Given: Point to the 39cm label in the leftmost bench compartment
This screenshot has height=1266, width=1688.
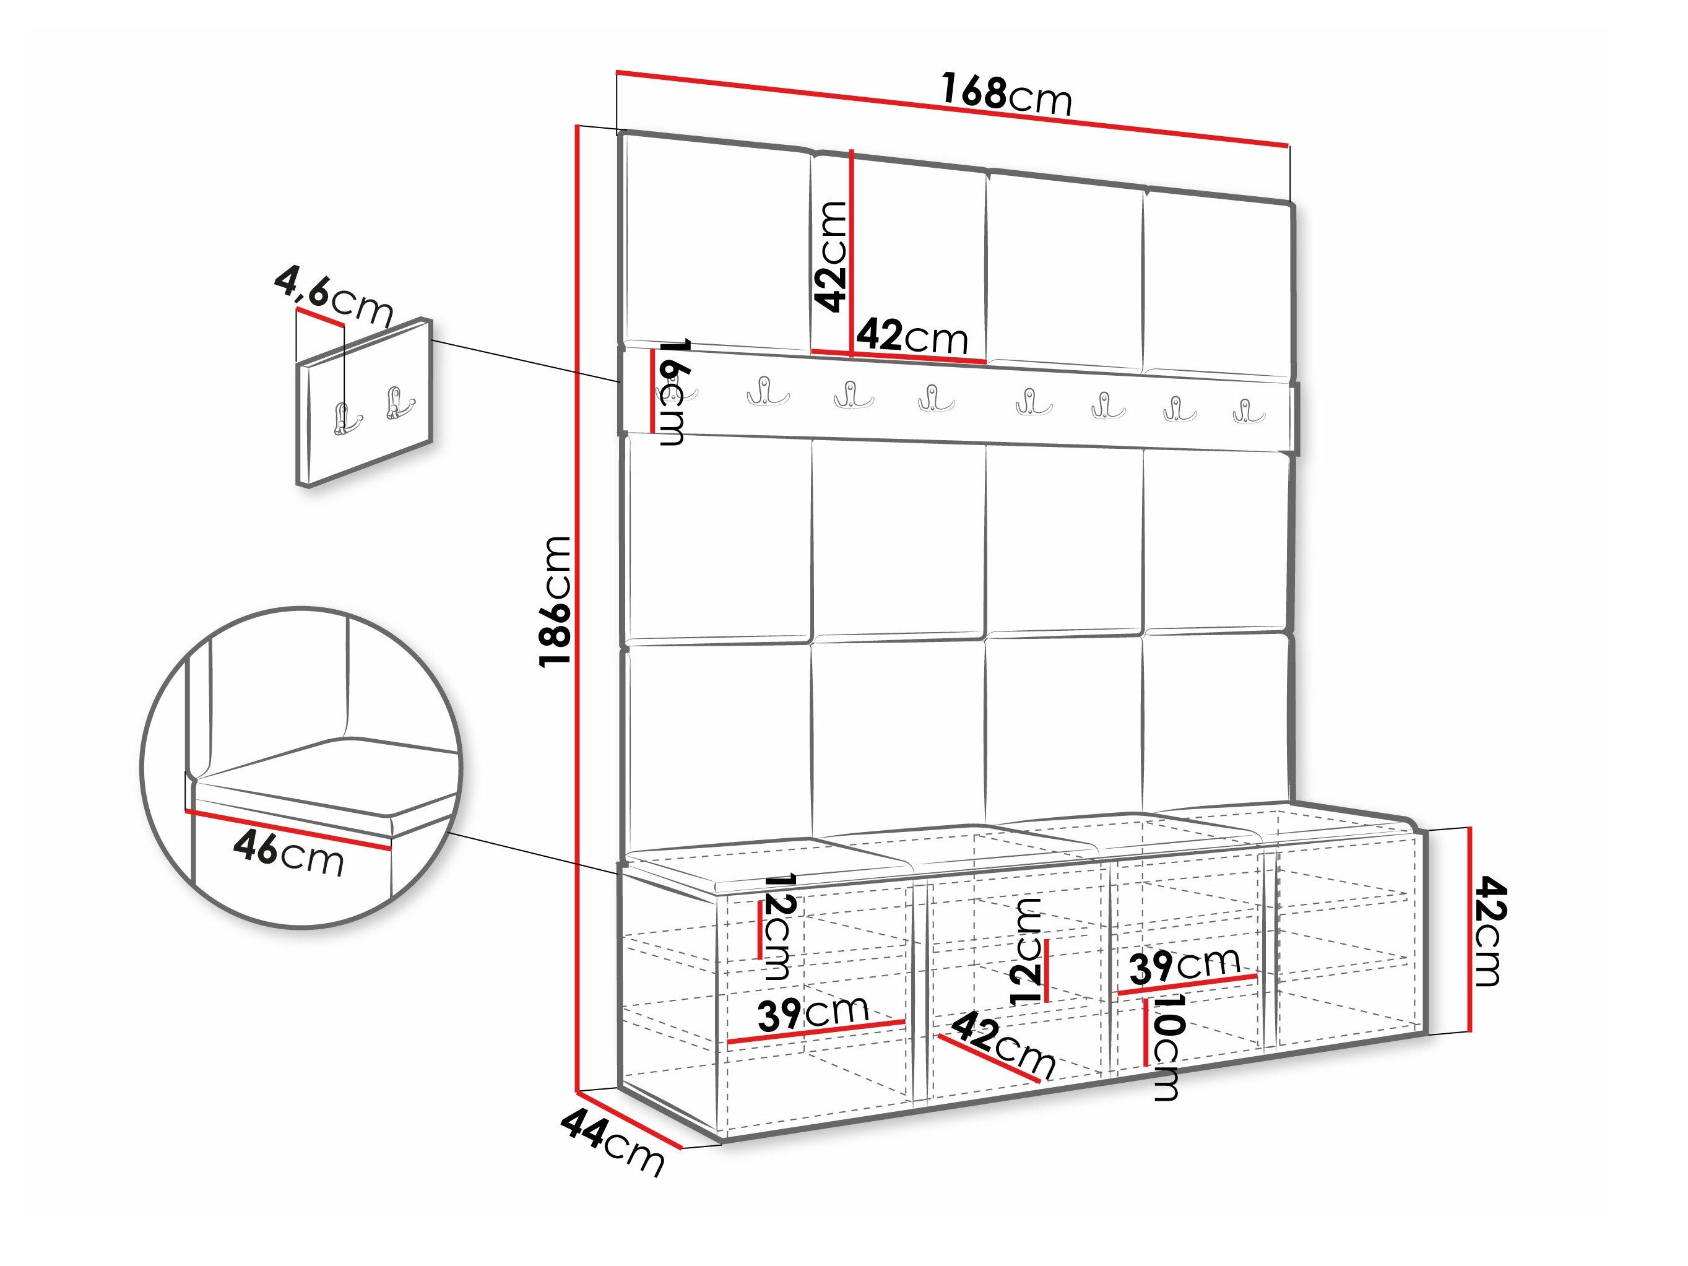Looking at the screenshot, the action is [x=813, y=1013].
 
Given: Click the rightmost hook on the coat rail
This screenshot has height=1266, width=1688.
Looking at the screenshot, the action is [x=1249, y=410].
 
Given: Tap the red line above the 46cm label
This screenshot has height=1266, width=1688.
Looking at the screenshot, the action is [x=288, y=830].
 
